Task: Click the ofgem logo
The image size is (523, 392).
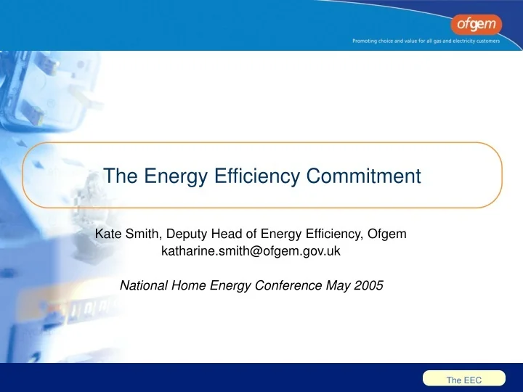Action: point(474,25)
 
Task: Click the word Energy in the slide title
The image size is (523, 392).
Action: point(166,176)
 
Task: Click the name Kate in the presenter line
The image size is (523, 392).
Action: point(108,234)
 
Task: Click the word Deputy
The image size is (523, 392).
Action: point(187,234)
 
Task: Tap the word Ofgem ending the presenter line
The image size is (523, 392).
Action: point(387,234)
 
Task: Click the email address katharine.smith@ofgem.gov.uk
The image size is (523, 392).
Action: point(251,252)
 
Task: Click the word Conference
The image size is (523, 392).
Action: point(291,285)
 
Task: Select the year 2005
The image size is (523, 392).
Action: point(368,285)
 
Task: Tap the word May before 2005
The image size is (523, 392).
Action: point(339,285)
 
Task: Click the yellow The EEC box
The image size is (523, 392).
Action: point(464,380)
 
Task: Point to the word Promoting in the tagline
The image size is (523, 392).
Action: point(368,41)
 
